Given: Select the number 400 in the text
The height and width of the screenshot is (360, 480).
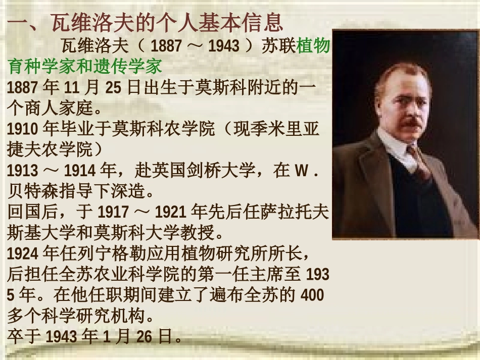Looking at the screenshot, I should (x=312, y=295).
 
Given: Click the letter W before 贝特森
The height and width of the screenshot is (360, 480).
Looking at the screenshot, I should (x=300, y=171).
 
